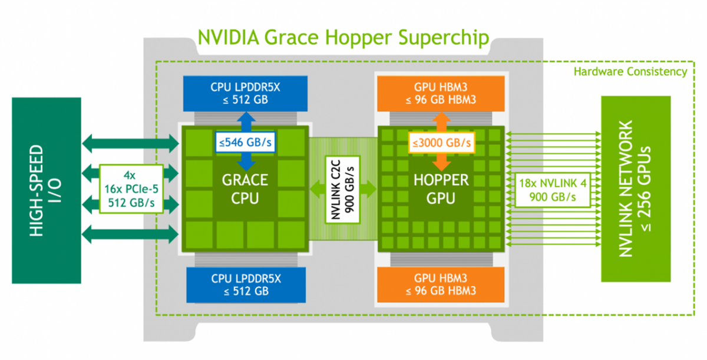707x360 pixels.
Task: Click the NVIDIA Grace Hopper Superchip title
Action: click(343, 38)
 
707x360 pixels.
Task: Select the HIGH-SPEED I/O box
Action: click(47, 190)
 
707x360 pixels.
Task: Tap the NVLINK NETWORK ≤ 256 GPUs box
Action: click(635, 189)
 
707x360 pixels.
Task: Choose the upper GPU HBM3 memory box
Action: click(441, 93)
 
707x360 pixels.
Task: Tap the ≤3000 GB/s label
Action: click(441, 142)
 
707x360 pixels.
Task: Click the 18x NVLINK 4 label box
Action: click(553, 189)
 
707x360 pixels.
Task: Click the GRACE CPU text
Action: click(245, 189)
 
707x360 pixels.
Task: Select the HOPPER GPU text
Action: click(441, 189)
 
